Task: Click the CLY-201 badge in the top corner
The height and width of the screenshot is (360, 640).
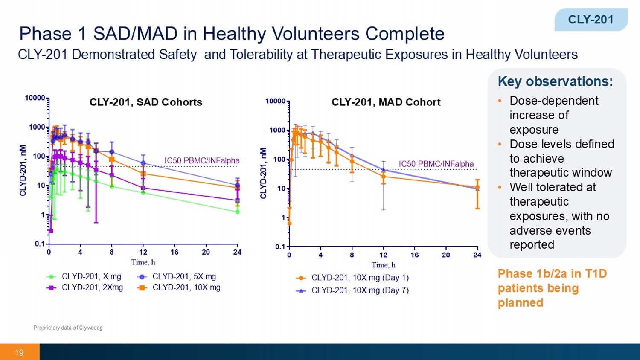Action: (x=591, y=20)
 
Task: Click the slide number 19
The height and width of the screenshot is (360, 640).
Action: (x=19, y=353)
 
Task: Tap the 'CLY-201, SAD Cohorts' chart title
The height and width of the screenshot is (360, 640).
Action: (x=146, y=102)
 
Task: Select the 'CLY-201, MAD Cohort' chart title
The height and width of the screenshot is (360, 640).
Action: (x=386, y=102)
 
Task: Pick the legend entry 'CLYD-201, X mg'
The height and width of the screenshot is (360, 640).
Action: (x=91, y=276)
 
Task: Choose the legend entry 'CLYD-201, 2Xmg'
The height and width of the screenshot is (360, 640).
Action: (x=92, y=287)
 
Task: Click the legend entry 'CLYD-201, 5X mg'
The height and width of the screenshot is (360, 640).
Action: (x=184, y=276)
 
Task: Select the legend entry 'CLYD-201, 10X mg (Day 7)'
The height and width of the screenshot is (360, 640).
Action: (x=360, y=290)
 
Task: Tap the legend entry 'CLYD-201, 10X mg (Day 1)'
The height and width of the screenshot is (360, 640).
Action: (x=360, y=278)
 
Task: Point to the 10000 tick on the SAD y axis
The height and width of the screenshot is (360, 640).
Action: (x=35, y=98)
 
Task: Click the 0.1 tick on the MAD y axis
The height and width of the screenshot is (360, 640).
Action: (x=280, y=247)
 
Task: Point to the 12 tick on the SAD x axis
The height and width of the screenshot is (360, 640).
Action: (x=143, y=252)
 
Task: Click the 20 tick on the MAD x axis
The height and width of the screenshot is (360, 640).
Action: (x=446, y=255)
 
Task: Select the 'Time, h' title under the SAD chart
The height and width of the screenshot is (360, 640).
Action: (x=143, y=262)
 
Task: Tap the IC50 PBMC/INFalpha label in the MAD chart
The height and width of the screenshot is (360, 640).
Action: (x=436, y=164)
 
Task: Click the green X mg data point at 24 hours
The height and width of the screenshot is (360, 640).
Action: (x=237, y=212)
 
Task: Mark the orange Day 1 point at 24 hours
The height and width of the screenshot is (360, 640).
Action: (x=477, y=187)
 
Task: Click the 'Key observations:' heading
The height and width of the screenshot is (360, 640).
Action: (x=555, y=81)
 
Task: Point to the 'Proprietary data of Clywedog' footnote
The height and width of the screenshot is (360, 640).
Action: (x=68, y=328)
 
